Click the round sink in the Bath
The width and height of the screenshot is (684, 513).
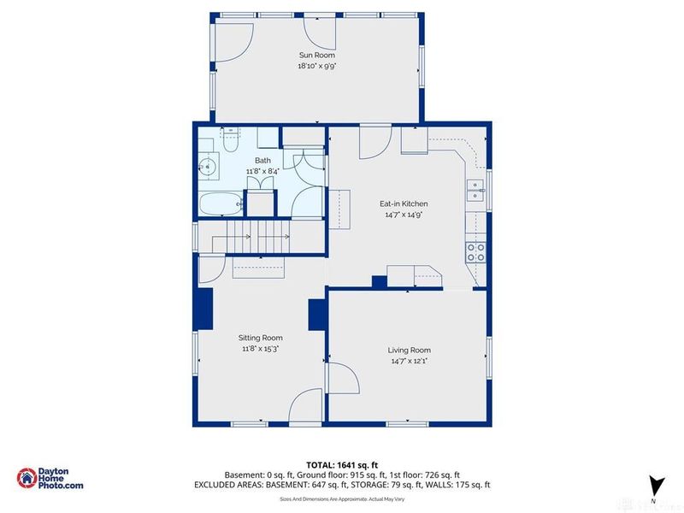[x=207, y=167]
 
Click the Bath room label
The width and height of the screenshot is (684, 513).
[x=262, y=160]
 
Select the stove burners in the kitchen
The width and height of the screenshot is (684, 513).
[x=475, y=251]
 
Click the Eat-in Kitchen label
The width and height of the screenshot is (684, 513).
[x=404, y=203]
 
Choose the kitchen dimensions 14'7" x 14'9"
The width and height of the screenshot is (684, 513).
[x=404, y=215]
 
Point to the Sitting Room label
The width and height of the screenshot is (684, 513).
[x=260, y=337]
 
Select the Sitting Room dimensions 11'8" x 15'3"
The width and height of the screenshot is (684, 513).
[x=260, y=348]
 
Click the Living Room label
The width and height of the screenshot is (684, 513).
[x=409, y=350]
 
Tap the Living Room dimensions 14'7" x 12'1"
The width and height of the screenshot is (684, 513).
[x=409, y=361]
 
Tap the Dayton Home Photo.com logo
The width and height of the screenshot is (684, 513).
[x=51, y=479]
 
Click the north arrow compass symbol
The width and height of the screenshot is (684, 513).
[x=654, y=485]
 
